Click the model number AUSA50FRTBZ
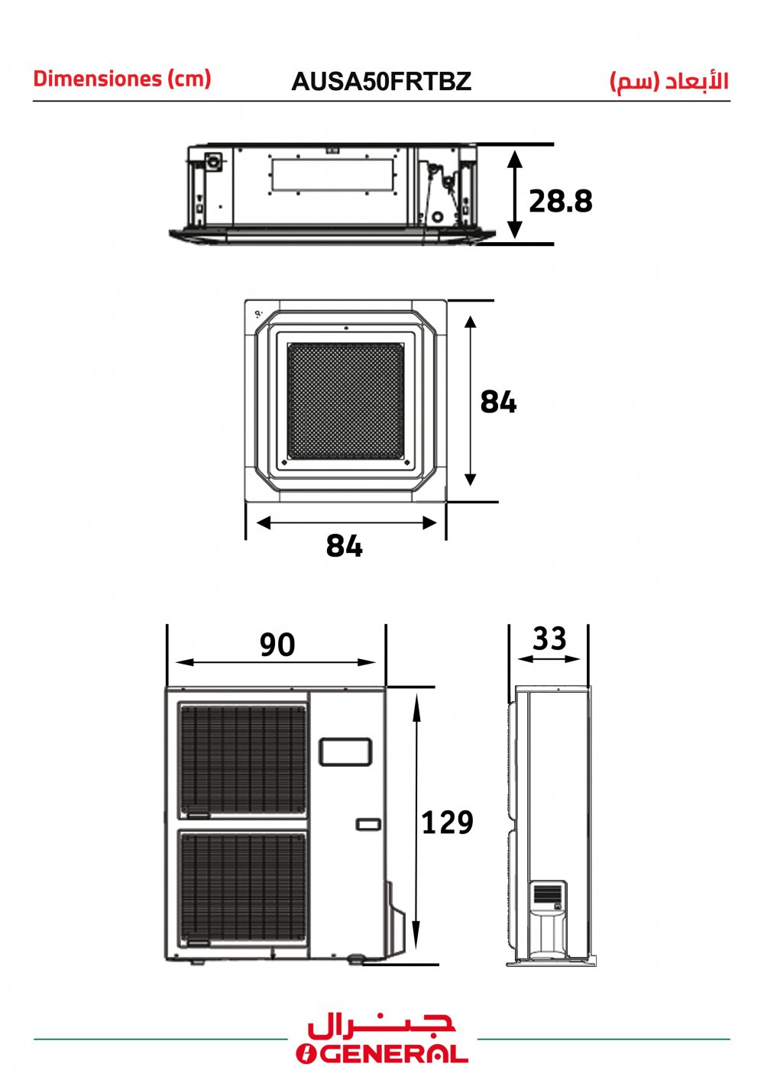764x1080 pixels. click(381, 81)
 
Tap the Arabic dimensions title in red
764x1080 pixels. click(669, 81)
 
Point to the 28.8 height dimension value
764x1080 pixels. click(561, 201)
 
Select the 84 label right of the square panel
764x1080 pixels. click(498, 402)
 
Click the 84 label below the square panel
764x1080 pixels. click(344, 546)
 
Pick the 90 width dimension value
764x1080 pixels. click(277, 645)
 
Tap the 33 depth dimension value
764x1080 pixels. click(549, 639)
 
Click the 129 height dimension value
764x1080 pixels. click(447, 823)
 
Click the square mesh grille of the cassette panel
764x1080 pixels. click(345, 401)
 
